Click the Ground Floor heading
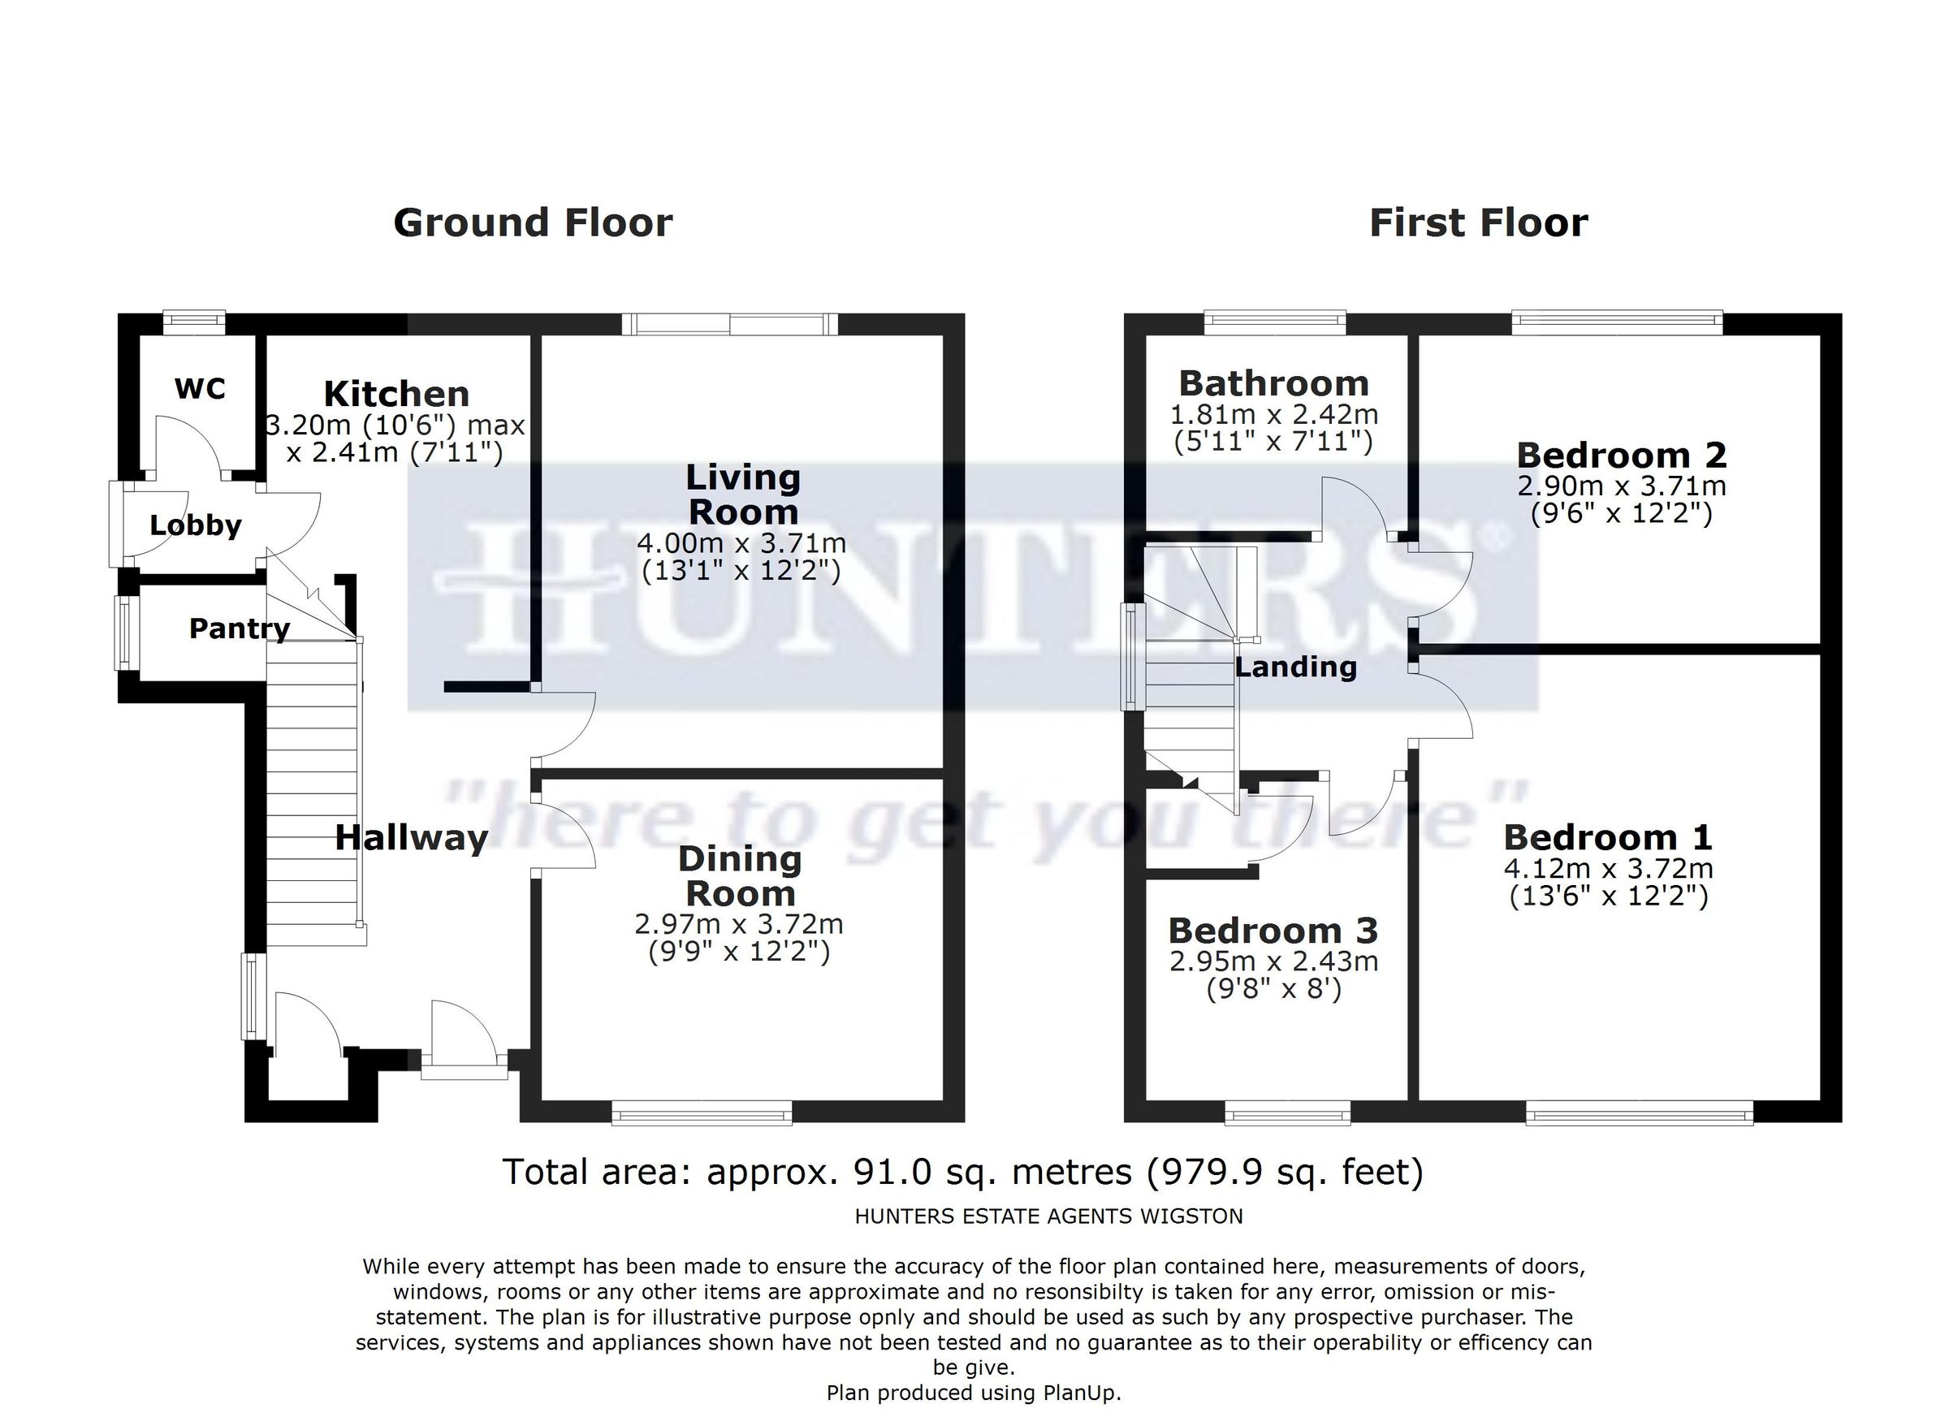533,222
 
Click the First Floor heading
1478,222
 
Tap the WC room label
200,388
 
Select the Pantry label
239,629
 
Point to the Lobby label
195,525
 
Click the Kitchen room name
396,395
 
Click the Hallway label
411,838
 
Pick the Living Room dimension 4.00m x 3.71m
741,543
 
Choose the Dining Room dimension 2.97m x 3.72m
738,925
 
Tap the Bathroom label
1273,383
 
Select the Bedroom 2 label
1622,456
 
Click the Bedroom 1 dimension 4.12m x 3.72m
1608,869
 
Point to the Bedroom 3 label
1273,931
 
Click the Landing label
1295,667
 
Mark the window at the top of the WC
194,322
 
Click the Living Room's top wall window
729,324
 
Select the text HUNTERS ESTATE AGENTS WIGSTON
1048,1216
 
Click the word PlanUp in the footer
1081,1393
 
